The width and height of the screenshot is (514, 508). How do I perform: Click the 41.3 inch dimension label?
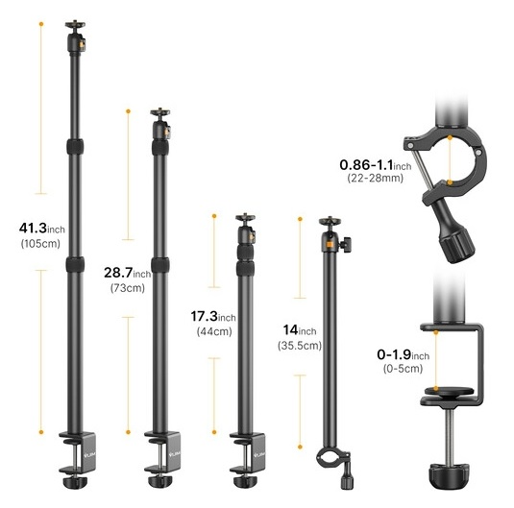click(x=42, y=229)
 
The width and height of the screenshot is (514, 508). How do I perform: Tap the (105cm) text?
click(x=40, y=244)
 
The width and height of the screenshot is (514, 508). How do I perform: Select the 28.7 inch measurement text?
click(x=128, y=273)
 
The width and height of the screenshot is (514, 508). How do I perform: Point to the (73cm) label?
click(x=128, y=288)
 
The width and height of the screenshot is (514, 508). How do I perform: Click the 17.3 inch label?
click(x=213, y=316)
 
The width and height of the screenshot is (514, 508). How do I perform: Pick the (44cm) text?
click(x=214, y=331)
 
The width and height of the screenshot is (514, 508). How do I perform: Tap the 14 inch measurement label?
click(x=300, y=330)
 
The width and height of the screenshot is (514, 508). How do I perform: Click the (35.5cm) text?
click(x=300, y=346)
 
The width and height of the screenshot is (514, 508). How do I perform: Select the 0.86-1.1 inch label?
click(x=376, y=165)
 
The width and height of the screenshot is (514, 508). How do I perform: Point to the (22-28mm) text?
click(x=376, y=178)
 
